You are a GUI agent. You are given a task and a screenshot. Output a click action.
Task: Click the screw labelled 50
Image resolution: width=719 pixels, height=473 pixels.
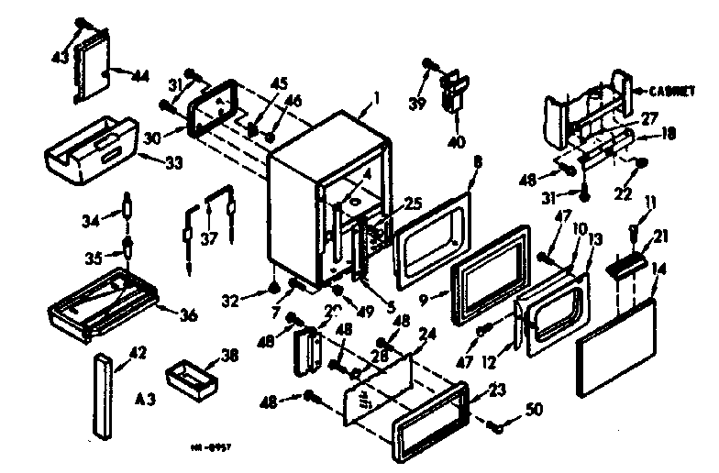[x=496, y=424]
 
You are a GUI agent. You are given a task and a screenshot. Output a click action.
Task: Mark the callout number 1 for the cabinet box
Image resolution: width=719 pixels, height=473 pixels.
[x=376, y=96]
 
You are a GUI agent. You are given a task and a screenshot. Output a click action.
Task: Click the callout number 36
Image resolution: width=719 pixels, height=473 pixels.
[x=187, y=316]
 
